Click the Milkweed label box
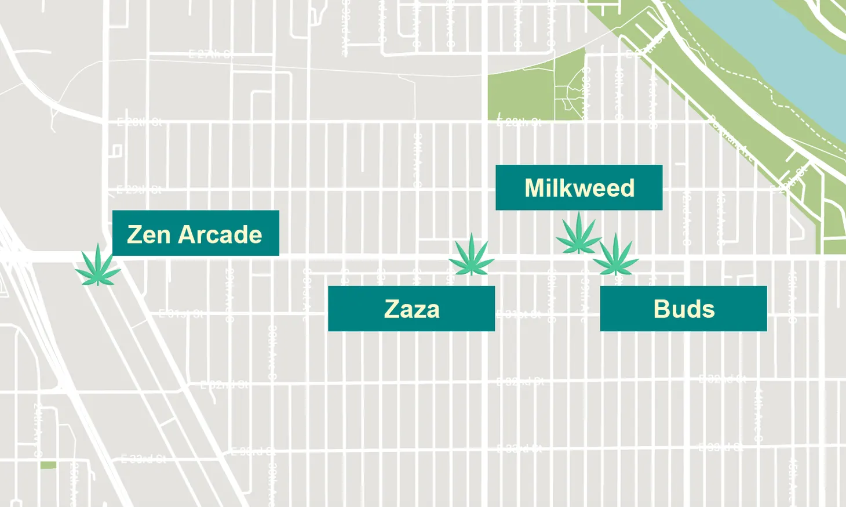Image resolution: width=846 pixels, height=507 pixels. pos(579,187)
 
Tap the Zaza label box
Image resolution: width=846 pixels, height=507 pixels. pos(411,309)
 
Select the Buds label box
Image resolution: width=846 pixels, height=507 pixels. pos(683,309)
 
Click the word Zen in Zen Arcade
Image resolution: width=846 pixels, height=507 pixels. pos(148,235)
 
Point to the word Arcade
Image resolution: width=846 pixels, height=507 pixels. pos(220,235)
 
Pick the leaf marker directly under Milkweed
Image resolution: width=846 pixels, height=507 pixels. pos(578,234)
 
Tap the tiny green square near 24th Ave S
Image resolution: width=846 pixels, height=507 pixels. pos(48,465)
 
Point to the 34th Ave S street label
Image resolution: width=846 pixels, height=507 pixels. pos(417,160)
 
